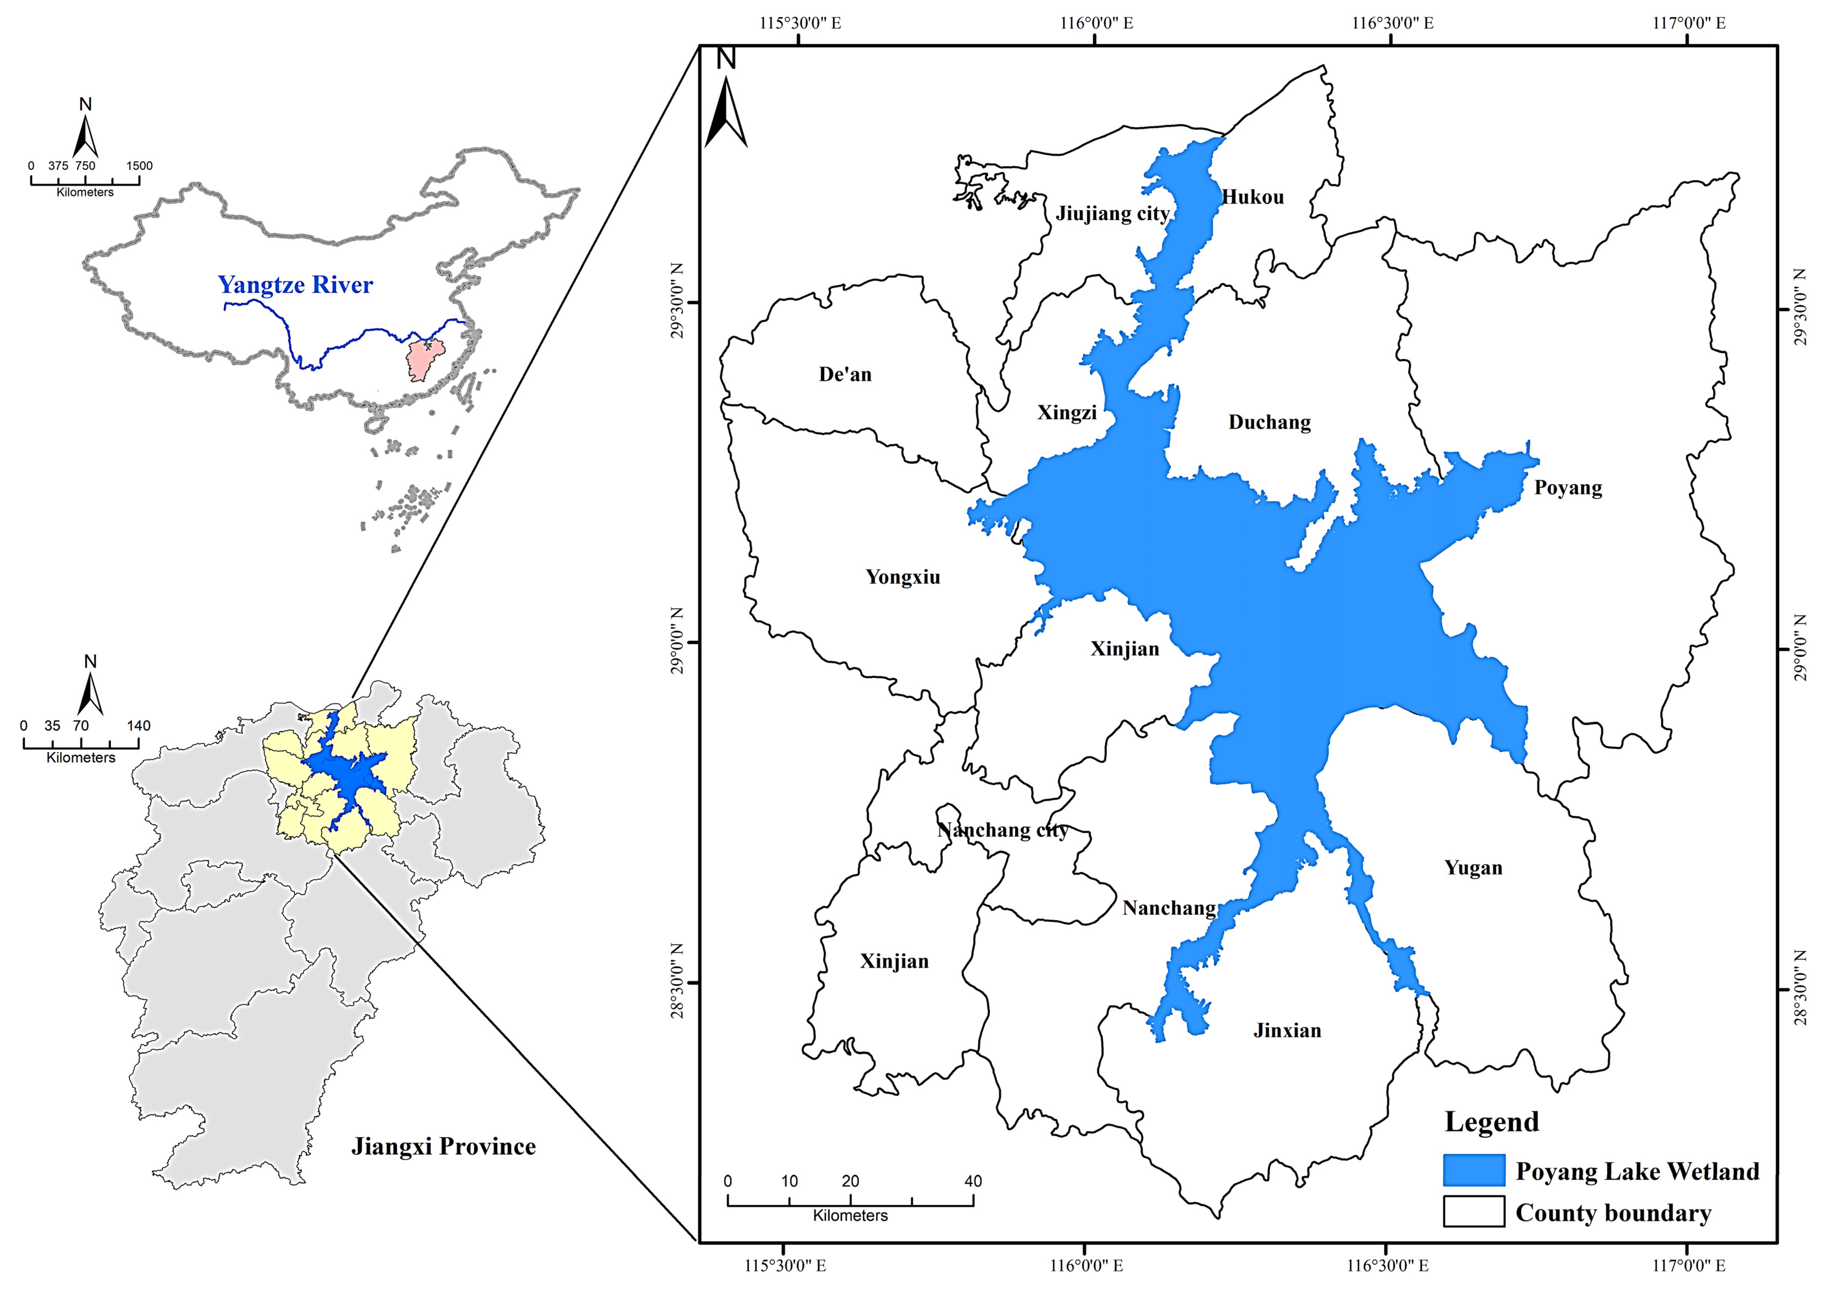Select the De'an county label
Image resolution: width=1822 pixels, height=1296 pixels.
pos(845,374)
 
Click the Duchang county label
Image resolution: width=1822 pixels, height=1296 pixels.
pos(1269,422)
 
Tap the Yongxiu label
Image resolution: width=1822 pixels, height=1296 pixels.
pos(903,577)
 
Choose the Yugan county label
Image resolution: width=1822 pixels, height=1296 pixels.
pos(1473,868)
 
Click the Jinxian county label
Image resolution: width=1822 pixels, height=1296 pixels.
pos(1286,1030)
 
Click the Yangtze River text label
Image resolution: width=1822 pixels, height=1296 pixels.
pos(295,285)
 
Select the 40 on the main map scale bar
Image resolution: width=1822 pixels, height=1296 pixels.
pos(972,1181)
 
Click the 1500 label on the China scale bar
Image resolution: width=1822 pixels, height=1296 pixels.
pos(139,166)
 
